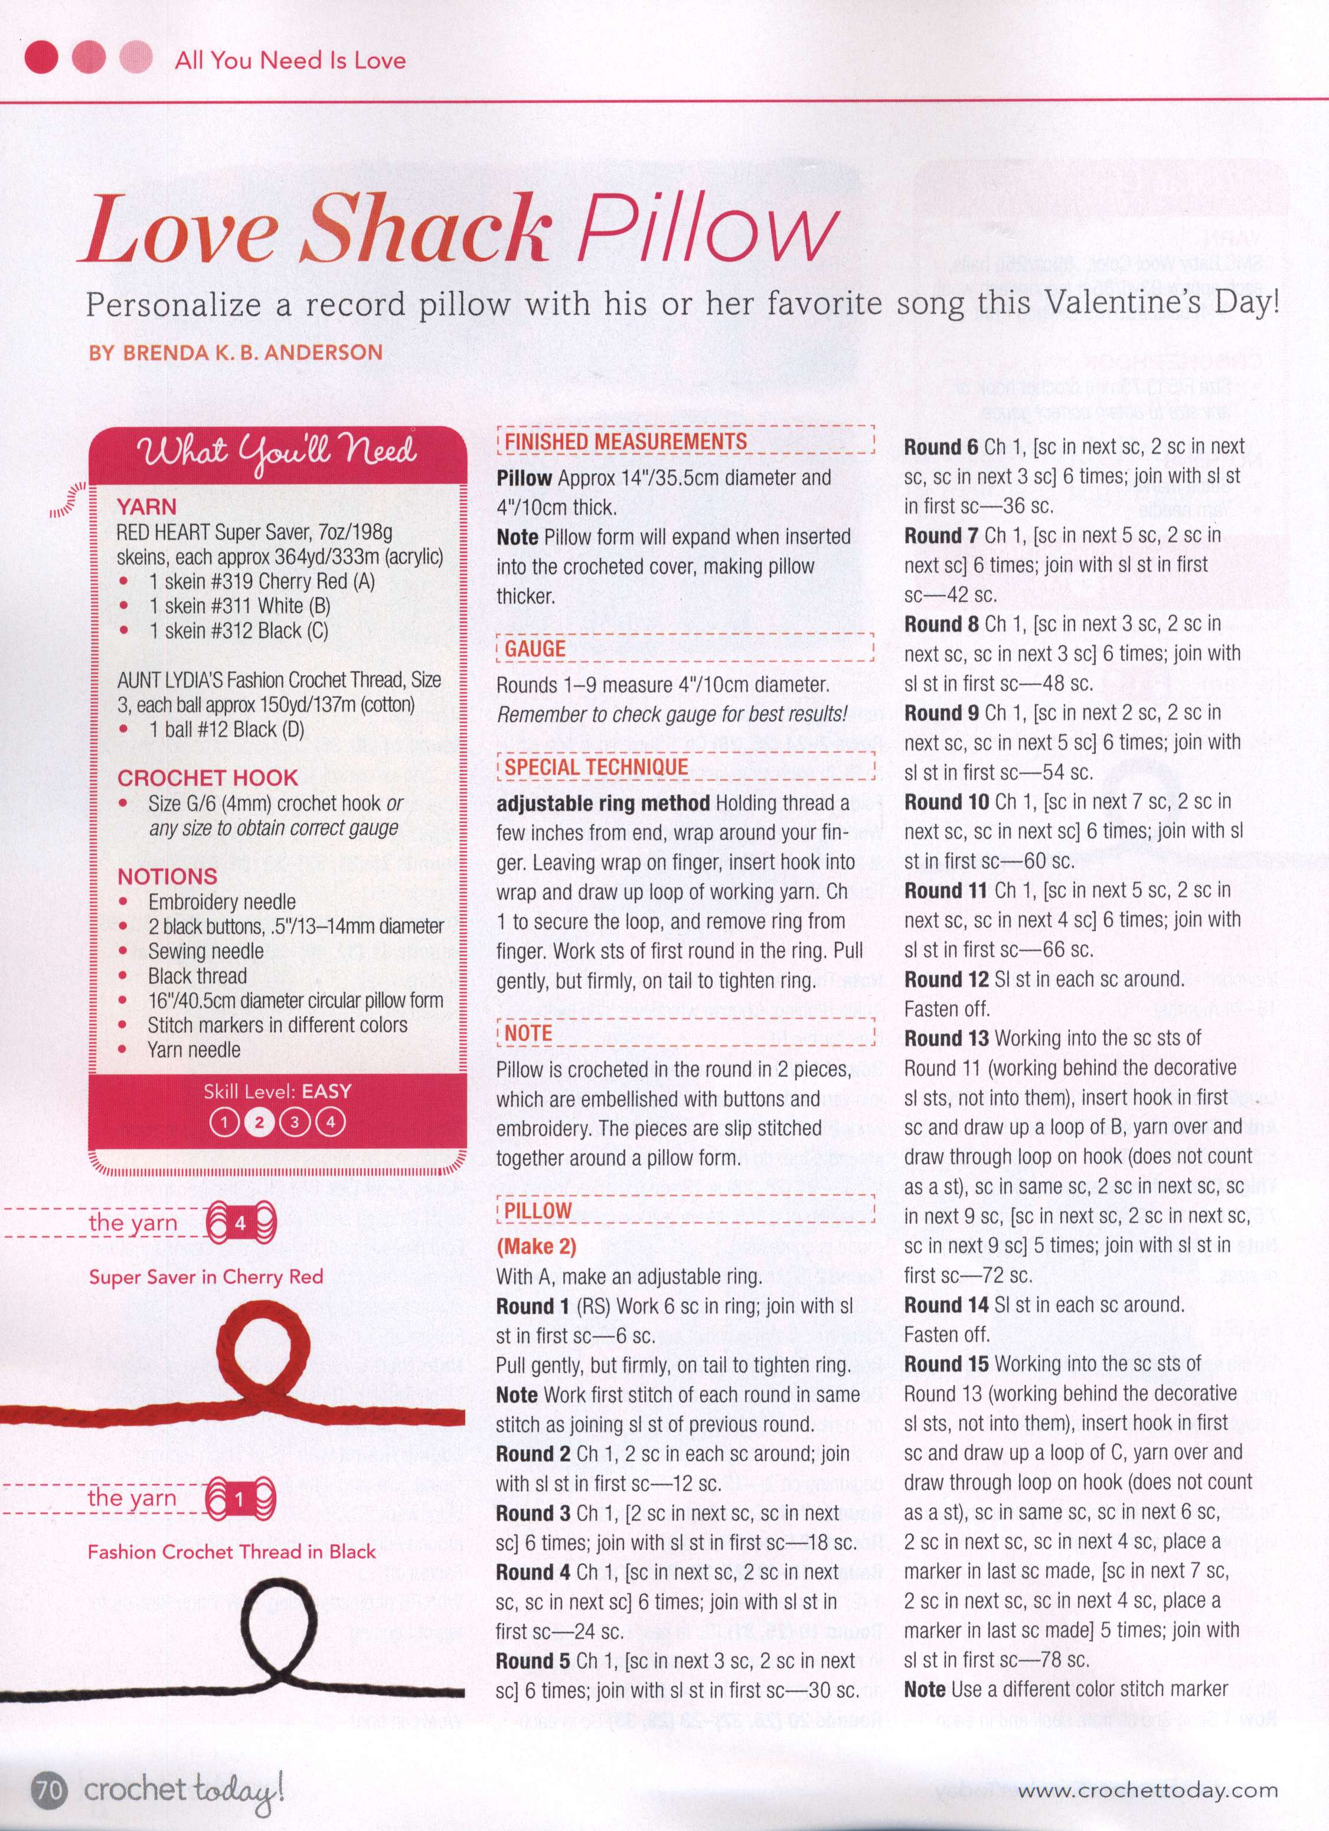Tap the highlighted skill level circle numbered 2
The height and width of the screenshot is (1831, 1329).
pyautogui.click(x=259, y=1122)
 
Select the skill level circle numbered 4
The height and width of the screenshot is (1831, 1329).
pyautogui.click(x=329, y=1122)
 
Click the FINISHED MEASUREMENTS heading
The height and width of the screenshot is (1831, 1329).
pyautogui.click(x=625, y=441)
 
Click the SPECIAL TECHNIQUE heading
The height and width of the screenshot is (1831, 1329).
pyautogui.click(x=596, y=766)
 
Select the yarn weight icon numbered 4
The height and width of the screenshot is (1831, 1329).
pyautogui.click(x=240, y=1224)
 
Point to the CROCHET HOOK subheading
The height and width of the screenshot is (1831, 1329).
pyautogui.click(x=207, y=778)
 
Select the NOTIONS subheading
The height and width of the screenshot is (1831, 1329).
pyautogui.click(x=167, y=876)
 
